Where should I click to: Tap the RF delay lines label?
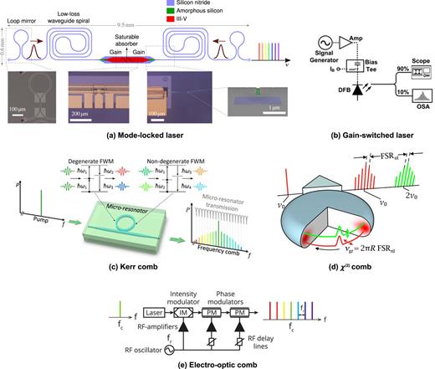click(x=295, y=340)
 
